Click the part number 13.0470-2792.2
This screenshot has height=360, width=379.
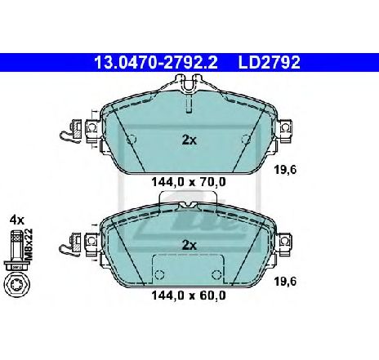[x=156, y=63]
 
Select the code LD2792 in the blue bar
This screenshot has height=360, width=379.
[x=270, y=63]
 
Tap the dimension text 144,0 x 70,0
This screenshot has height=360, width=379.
[x=189, y=182]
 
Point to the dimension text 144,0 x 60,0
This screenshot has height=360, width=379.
[x=189, y=296]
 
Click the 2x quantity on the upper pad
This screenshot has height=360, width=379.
[x=189, y=140]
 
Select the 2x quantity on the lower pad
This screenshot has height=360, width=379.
[x=189, y=246]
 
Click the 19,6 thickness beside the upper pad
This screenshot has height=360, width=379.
[x=285, y=171]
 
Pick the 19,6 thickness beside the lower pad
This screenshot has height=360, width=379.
[x=285, y=282]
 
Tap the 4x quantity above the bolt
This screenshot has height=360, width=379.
[x=17, y=220]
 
